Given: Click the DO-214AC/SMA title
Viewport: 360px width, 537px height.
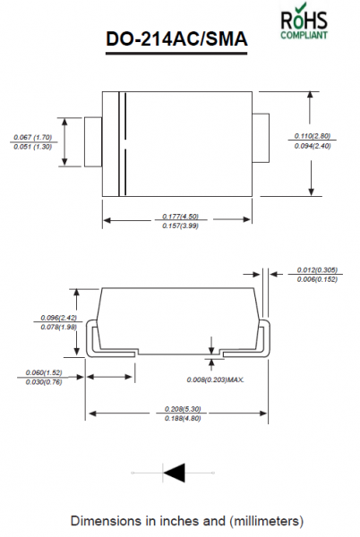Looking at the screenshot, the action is click(x=176, y=38).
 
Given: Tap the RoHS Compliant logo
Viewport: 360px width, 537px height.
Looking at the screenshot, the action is click(x=304, y=21).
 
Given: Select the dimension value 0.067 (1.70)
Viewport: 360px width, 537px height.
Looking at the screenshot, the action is click(x=33, y=137).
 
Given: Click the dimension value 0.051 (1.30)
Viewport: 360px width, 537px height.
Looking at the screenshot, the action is click(x=33, y=147).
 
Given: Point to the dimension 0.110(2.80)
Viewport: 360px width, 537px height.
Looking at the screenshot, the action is click(x=313, y=136).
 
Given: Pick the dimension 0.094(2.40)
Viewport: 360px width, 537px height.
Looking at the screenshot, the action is click(x=313, y=146).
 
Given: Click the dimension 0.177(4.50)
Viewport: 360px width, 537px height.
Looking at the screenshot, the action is click(x=181, y=217).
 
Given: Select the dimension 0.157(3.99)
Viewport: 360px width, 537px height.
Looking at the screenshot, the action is click(x=181, y=226).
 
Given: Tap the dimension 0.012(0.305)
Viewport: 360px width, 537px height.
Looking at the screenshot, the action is click(x=317, y=270).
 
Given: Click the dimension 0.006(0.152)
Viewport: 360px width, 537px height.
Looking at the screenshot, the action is click(x=317, y=279).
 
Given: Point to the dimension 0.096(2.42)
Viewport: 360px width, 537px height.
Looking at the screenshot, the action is click(x=59, y=318).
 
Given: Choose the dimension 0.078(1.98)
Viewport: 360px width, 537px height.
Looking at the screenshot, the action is click(x=59, y=328).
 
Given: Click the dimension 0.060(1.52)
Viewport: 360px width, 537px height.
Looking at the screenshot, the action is click(x=44, y=372).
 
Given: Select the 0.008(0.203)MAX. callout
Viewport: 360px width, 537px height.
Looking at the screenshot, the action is click(x=216, y=379).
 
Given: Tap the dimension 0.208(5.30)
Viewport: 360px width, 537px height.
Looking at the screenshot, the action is click(x=183, y=409).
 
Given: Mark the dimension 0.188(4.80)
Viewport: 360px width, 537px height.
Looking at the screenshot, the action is click(x=183, y=419).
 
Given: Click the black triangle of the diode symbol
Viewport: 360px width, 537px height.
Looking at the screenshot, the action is click(x=175, y=473).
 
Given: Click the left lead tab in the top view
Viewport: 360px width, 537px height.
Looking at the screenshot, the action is click(x=93, y=142).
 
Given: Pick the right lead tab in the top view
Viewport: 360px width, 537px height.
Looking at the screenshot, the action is click(x=261, y=138).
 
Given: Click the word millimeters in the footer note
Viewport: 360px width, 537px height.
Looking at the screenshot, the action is click(x=267, y=521).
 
